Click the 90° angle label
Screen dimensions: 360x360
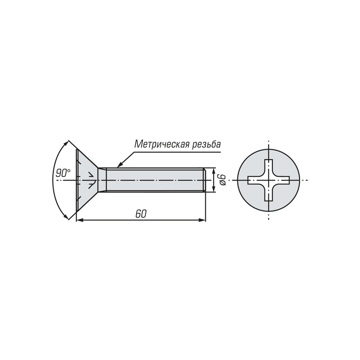pos(63,173)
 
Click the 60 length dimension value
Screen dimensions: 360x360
pos(141,214)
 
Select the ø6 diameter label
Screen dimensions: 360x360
pos(222,180)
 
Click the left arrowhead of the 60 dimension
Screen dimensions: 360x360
pos(80,220)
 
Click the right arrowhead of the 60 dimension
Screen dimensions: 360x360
pos(202,220)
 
